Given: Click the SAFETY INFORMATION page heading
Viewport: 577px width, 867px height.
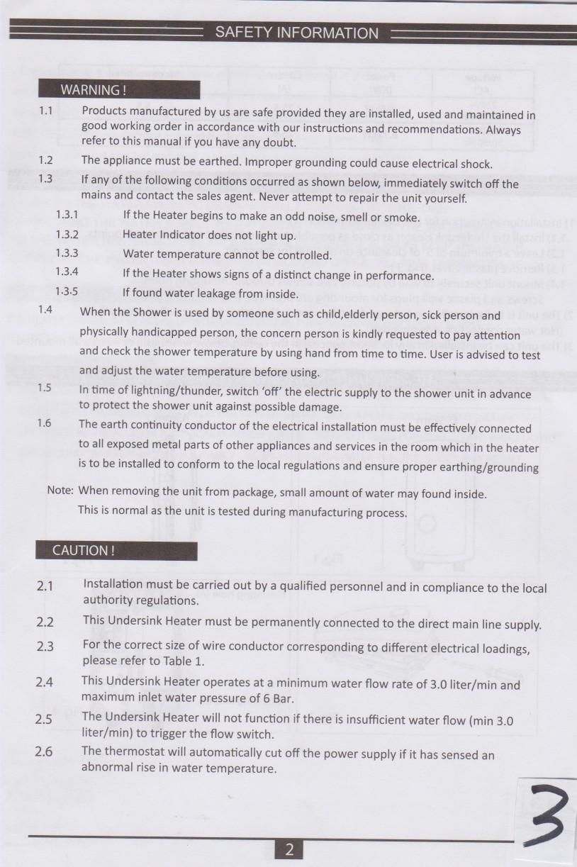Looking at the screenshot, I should [296, 33].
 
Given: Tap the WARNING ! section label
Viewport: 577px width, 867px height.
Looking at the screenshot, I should [93, 90].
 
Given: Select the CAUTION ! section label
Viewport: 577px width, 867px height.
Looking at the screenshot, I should [83, 551].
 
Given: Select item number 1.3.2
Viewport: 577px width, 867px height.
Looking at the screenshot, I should [67, 234].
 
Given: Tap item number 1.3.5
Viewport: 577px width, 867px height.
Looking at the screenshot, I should [67, 292].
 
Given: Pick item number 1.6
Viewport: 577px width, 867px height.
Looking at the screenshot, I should [44, 423].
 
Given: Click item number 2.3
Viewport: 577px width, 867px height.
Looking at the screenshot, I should [45, 647].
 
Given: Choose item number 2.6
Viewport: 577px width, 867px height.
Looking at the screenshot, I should [44, 751].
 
